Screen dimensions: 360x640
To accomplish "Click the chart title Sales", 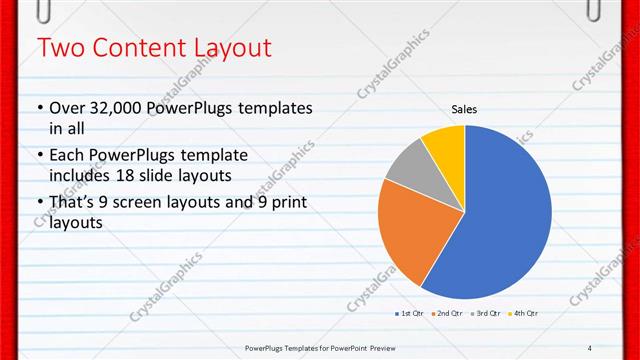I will (464, 109).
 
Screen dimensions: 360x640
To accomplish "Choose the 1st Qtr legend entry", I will (410, 313).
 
